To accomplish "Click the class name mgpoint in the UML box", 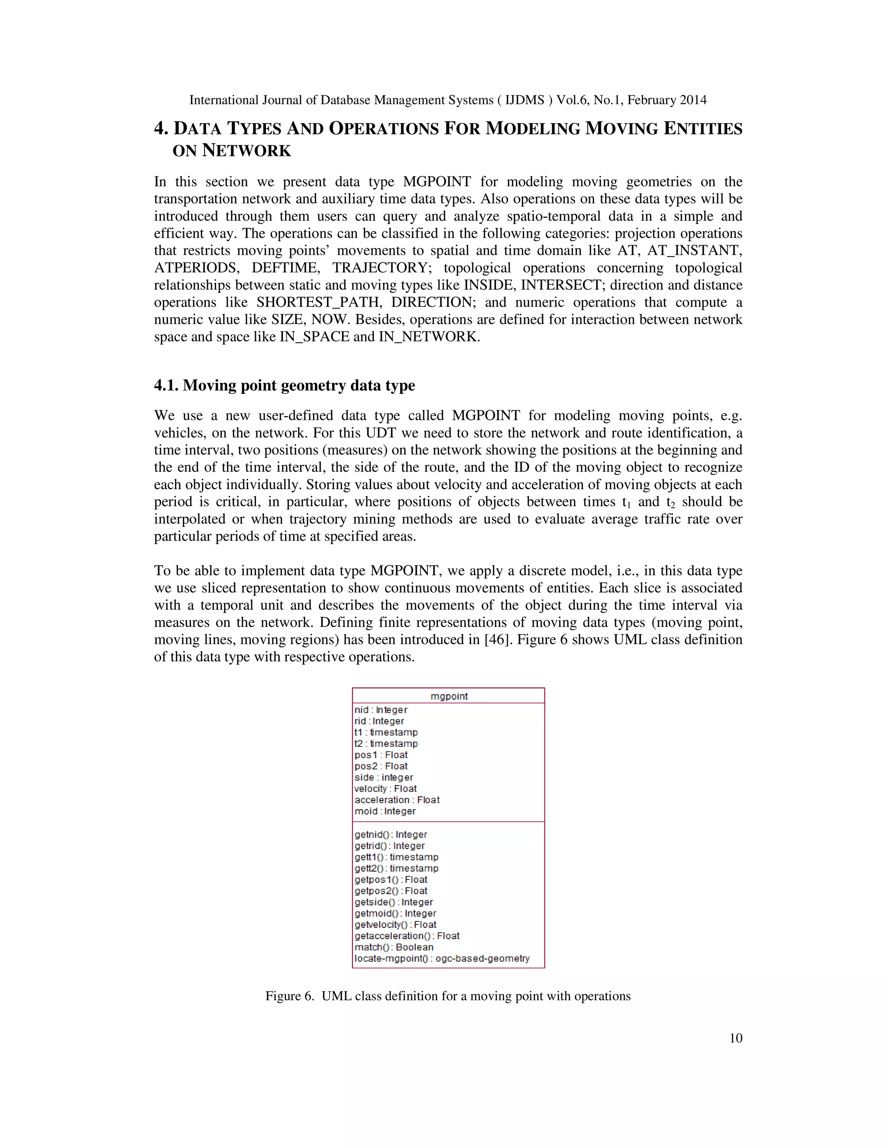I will pos(449,696).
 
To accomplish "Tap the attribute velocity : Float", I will pos(385,788).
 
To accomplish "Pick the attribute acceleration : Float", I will pos(397,800).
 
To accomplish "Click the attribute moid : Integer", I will pos(385,811).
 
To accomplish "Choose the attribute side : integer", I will pos(384,778).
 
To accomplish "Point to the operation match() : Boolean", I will pos(394,947).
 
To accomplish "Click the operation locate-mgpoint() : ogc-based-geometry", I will pos(441,958).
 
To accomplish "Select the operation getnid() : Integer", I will pos(390,835).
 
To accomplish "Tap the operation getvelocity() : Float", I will pos(395,924).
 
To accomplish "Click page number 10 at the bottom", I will pos(736,1038).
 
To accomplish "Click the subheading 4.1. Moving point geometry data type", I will pos(284,386).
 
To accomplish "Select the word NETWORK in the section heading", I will pos(246,151).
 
